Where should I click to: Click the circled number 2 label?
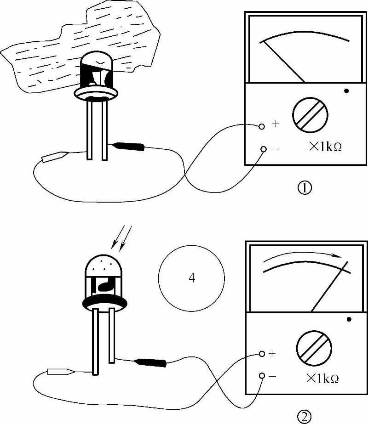coord(304,416)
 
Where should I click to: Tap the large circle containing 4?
coord(191,278)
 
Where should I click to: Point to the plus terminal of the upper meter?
coord(262,126)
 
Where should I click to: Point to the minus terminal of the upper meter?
coord(263,149)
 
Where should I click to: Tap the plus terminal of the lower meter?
coord(262,354)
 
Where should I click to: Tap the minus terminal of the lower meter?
coord(262,376)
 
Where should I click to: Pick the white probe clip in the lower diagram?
coord(59,372)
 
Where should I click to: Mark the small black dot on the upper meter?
coord(346,91)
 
